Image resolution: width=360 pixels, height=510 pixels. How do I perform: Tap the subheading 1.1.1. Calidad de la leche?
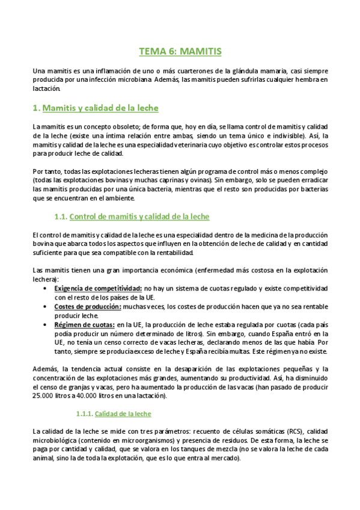tap(113, 414)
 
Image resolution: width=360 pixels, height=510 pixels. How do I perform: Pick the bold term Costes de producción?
tap(88, 307)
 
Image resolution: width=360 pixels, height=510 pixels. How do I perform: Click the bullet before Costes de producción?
tap(47, 307)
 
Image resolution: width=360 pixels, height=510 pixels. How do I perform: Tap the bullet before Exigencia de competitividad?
tap(47, 288)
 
